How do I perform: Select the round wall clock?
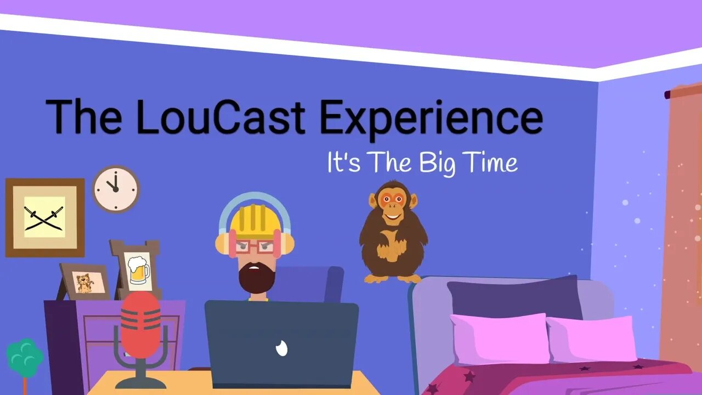point(116,189)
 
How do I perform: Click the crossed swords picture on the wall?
point(45,218)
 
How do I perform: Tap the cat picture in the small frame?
point(85,282)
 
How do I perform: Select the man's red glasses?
point(254,247)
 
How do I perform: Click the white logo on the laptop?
point(281,348)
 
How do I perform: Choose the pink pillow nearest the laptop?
point(500,339)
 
